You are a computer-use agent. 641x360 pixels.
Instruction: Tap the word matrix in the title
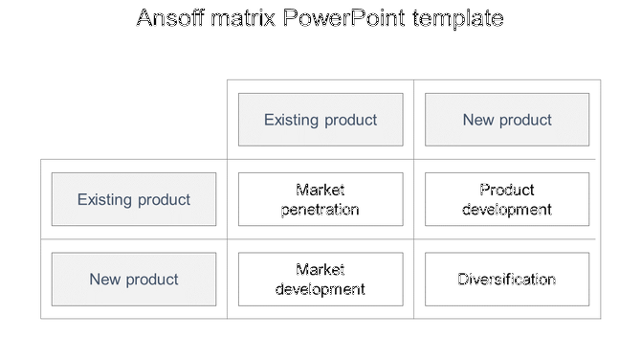(x=244, y=18)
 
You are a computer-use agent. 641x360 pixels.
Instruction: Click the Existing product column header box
(x=320, y=120)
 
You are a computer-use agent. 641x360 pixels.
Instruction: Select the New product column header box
(x=507, y=120)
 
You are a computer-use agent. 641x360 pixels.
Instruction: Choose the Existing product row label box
(x=134, y=199)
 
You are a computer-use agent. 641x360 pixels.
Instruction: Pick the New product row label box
(x=134, y=280)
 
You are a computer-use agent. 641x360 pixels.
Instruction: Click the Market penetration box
(x=320, y=199)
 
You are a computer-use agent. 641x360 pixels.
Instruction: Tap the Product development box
(x=507, y=199)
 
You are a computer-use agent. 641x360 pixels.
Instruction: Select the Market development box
(x=320, y=280)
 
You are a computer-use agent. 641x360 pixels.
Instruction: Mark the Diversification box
(x=507, y=280)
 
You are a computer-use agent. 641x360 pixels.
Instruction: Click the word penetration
(x=320, y=210)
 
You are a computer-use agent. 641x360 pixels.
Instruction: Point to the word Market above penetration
(x=320, y=190)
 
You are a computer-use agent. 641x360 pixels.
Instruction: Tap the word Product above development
(x=507, y=190)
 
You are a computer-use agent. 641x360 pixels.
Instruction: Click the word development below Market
(x=320, y=289)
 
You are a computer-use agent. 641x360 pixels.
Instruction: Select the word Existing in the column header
(x=292, y=120)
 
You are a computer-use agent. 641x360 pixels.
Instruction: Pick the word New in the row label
(x=105, y=280)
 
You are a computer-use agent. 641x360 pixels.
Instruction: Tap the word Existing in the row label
(x=105, y=199)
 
